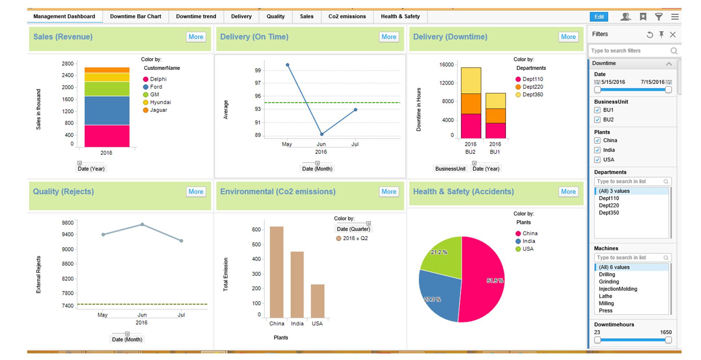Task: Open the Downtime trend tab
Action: click(x=196, y=17)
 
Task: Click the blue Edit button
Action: click(x=599, y=17)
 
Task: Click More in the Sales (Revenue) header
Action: click(x=196, y=37)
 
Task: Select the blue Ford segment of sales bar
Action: click(x=107, y=110)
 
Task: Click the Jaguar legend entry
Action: click(x=158, y=110)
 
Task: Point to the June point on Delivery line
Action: click(x=322, y=134)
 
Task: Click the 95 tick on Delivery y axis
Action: click(x=258, y=96)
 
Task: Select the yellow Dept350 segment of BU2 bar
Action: click(x=471, y=80)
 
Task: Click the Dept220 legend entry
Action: click(x=532, y=87)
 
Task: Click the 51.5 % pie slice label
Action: click(x=495, y=281)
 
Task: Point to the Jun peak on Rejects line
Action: click(x=142, y=224)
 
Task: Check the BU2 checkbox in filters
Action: click(x=597, y=120)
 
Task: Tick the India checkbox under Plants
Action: click(x=597, y=150)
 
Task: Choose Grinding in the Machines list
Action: click(x=609, y=282)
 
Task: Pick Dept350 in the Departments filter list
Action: click(x=609, y=213)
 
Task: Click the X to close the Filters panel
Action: click(x=673, y=35)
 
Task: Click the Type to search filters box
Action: click(x=629, y=51)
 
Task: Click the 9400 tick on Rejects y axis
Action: click(x=68, y=235)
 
